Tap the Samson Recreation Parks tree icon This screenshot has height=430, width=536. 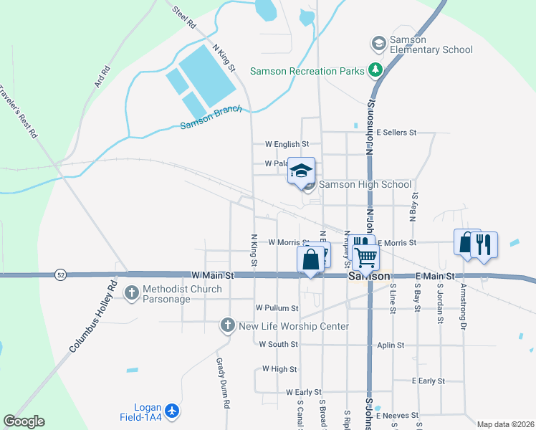point(374,70)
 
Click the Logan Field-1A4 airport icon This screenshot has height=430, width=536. point(171,411)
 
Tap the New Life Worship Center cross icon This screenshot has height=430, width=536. point(228,326)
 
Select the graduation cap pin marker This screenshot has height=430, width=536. point(301,171)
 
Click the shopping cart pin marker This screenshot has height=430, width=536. point(365,256)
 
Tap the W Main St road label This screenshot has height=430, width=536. point(213,274)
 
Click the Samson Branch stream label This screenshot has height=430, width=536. point(211,118)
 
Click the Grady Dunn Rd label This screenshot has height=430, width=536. point(221,383)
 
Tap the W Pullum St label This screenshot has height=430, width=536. point(277,308)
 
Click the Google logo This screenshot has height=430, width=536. point(24,421)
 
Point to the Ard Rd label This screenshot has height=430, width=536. point(102,77)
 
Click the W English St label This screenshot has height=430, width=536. point(287,144)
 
